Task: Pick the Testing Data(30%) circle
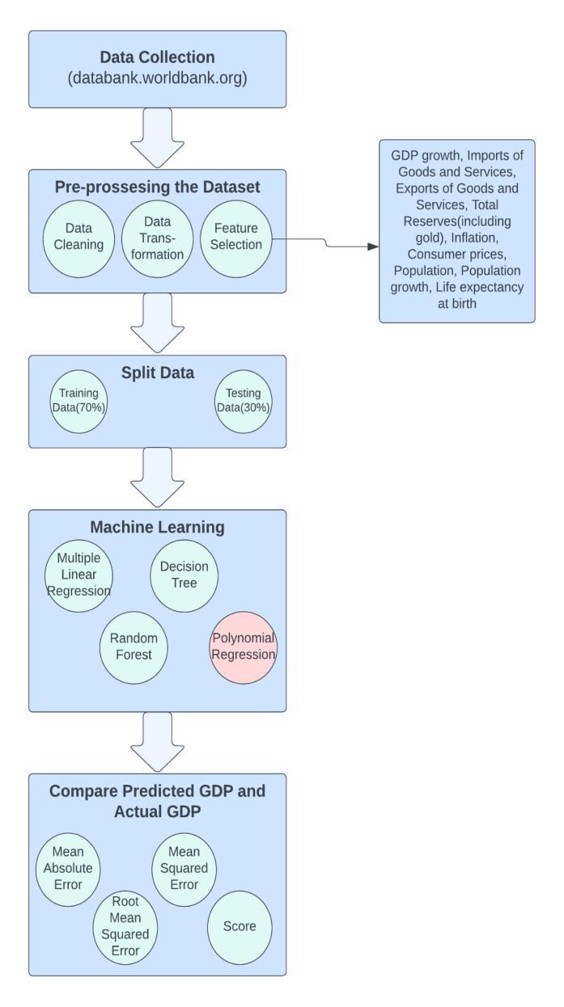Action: tap(243, 400)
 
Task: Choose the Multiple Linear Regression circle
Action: tap(78, 575)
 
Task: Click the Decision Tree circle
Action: tap(184, 575)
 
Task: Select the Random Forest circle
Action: tap(134, 645)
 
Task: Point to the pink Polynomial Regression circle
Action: tap(243, 645)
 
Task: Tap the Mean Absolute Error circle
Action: tap(70, 870)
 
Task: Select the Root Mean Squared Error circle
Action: tap(125, 927)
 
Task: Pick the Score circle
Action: tap(240, 926)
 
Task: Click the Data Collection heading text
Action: tap(157, 57)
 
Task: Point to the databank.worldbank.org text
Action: tap(157, 78)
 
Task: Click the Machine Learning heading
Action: tap(157, 528)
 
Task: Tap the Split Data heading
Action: tap(157, 373)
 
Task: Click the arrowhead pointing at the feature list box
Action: tap(373, 246)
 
